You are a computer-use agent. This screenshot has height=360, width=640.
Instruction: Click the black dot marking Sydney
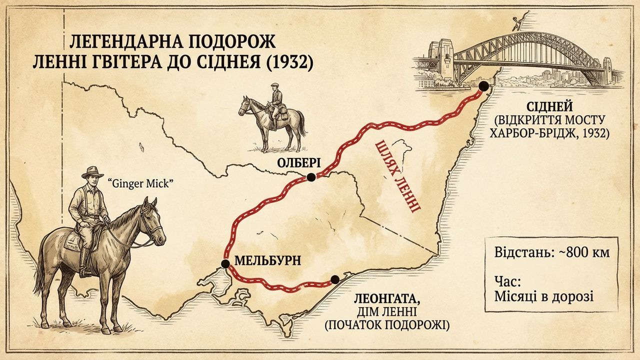[483, 86]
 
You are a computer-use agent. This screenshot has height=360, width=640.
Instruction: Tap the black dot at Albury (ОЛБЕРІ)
[311, 177]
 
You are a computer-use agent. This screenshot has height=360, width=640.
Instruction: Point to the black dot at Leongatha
[334, 279]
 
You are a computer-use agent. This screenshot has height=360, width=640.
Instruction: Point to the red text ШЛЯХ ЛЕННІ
[397, 175]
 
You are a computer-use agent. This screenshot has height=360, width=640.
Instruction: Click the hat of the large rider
[92, 171]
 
